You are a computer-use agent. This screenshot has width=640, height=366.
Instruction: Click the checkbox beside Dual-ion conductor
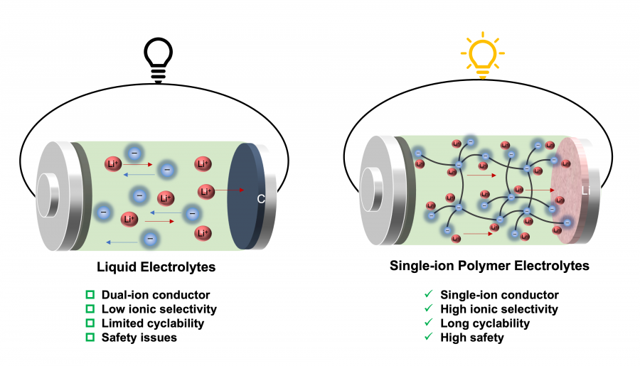(90, 295)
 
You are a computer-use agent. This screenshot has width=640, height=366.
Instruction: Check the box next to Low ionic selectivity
(90, 309)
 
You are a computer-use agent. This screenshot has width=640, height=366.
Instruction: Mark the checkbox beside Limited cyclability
(90, 323)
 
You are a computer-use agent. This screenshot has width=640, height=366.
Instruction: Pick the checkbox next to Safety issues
(90, 338)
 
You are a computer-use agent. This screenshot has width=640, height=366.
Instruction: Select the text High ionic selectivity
(499, 309)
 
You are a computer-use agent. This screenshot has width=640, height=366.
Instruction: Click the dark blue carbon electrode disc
(245, 195)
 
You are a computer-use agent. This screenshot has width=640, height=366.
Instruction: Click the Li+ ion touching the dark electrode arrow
(206, 190)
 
